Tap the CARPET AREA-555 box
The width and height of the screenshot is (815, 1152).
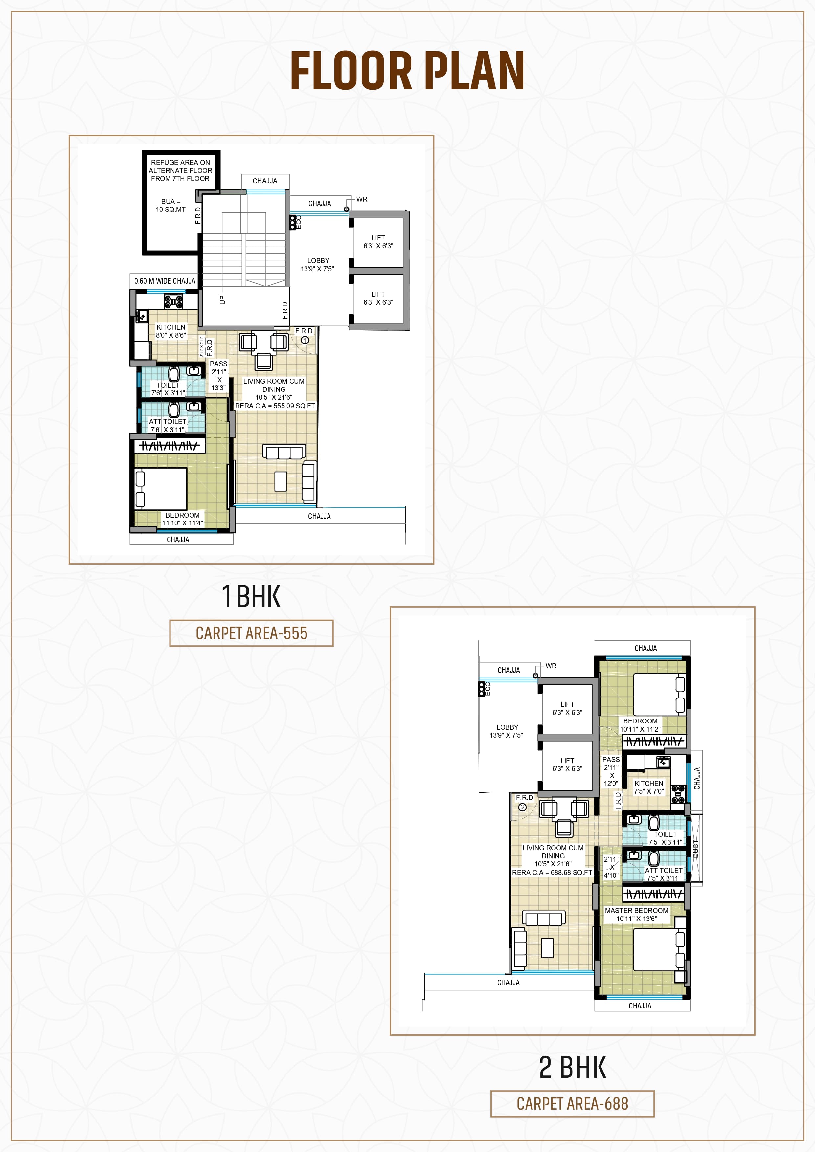pos(251,633)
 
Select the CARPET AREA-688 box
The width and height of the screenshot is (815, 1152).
pos(572,1103)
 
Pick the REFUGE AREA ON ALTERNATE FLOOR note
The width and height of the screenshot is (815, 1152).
pos(181,170)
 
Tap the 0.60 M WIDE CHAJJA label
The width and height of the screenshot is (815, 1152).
pos(165,281)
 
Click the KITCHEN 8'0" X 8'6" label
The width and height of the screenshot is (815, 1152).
pos(170,331)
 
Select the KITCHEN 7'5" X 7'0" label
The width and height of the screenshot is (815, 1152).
pos(648,787)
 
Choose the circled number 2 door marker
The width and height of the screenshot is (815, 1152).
pos(522,807)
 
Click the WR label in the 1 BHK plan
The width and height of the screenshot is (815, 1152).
pos(362,199)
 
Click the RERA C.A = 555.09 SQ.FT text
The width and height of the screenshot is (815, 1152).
pos(275,406)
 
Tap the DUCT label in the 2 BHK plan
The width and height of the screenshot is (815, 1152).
pos(695,848)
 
